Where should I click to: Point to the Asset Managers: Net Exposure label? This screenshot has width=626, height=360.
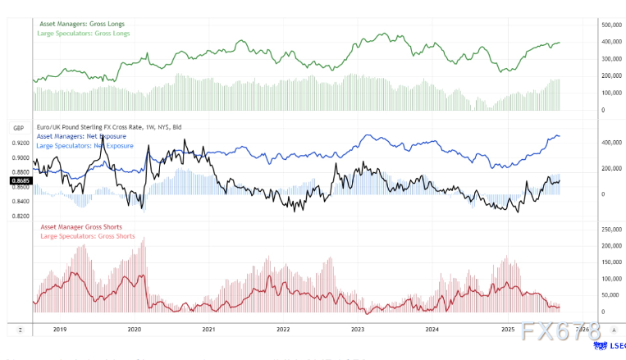[75, 137]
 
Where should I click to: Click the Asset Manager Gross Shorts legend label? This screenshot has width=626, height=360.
[75, 226]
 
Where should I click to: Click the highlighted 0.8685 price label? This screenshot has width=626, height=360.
[20, 180]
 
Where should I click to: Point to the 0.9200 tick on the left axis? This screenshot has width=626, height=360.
[21, 143]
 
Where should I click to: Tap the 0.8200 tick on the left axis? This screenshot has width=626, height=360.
[21, 216]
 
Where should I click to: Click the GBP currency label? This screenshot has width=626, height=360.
[16, 129]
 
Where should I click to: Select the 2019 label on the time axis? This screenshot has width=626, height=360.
[58, 329]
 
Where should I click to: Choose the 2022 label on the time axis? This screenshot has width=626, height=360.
[283, 329]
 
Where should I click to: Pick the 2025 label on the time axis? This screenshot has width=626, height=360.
[507, 329]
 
